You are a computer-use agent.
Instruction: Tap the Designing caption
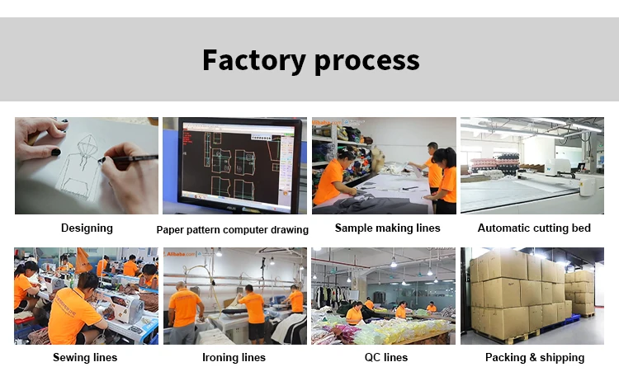click(x=87, y=228)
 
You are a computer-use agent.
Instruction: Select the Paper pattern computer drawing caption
click(x=233, y=230)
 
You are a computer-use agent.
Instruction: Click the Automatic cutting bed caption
click(x=534, y=228)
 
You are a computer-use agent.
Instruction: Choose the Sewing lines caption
click(x=85, y=358)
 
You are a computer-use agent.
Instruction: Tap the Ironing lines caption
click(x=234, y=358)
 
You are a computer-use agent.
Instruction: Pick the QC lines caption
click(x=385, y=358)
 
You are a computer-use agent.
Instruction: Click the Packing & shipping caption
click(x=534, y=358)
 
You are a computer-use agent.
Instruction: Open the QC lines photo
click(x=384, y=295)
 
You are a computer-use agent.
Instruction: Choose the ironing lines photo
click(x=234, y=295)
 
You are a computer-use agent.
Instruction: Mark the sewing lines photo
click(x=86, y=295)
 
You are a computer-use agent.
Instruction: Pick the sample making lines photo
click(x=384, y=165)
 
